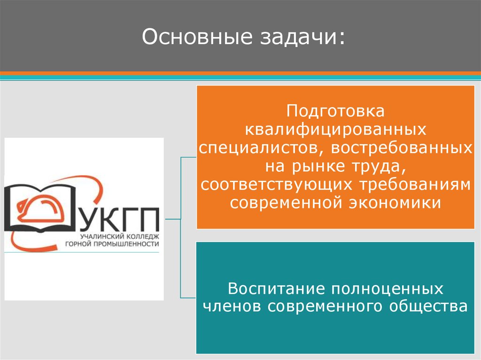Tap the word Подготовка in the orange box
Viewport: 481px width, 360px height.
pyautogui.click(x=336, y=112)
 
